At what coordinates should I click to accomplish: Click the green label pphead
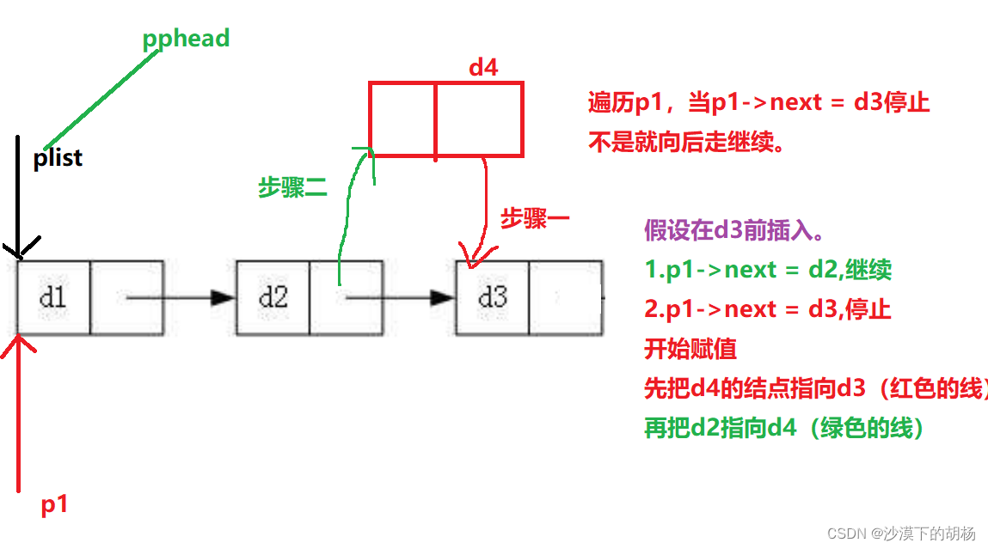[187, 39]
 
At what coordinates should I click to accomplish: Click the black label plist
[58, 158]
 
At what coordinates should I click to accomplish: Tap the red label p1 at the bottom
[55, 505]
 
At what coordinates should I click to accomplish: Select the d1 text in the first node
[53, 297]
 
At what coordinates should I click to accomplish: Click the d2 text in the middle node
[273, 297]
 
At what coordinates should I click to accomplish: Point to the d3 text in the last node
[493, 297]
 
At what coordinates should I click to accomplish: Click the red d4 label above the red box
[483, 68]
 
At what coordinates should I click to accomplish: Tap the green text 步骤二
[292, 188]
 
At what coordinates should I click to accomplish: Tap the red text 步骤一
[535, 219]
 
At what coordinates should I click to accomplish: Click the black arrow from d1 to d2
[181, 298]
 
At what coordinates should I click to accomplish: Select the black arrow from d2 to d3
[400, 298]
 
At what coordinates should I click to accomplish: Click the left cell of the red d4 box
[402, 119]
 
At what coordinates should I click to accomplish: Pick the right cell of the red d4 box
[479, 119]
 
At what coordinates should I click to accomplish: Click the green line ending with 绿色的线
[784, 428]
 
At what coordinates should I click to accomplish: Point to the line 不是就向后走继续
[688, 143]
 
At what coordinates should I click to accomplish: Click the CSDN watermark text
[901, 534]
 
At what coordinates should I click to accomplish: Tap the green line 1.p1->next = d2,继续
[768, 270]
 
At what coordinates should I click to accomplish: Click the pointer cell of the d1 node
[126, 297]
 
